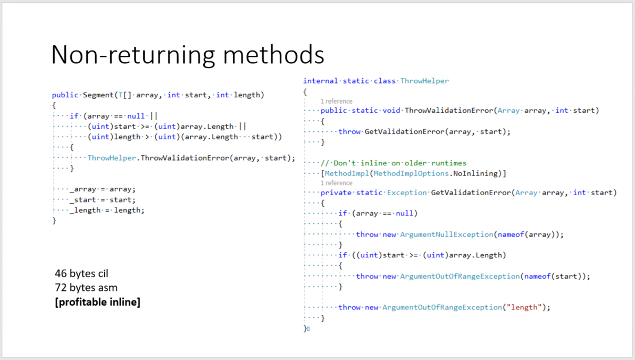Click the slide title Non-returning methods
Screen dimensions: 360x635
pos(187,55)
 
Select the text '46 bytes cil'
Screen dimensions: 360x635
pos(81,273)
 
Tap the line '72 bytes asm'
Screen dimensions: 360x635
pos(86,288)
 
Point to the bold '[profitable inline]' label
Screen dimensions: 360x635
pos(97,303)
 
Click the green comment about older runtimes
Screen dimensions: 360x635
pos(394,163)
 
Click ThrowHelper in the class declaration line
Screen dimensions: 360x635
pos(424,81)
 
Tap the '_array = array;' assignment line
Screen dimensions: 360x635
pos(103,189)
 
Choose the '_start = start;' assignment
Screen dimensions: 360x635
pos(103,200)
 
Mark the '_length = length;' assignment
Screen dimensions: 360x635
pos(107,210)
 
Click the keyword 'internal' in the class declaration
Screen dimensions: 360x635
pos(321,81)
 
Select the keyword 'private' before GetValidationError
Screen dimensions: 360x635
pos(336,192)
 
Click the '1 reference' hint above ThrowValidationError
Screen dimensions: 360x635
pos(336,101)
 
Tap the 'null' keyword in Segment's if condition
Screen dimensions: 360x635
pos(137,116)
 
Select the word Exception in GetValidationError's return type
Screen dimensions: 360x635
pos(407,192)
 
